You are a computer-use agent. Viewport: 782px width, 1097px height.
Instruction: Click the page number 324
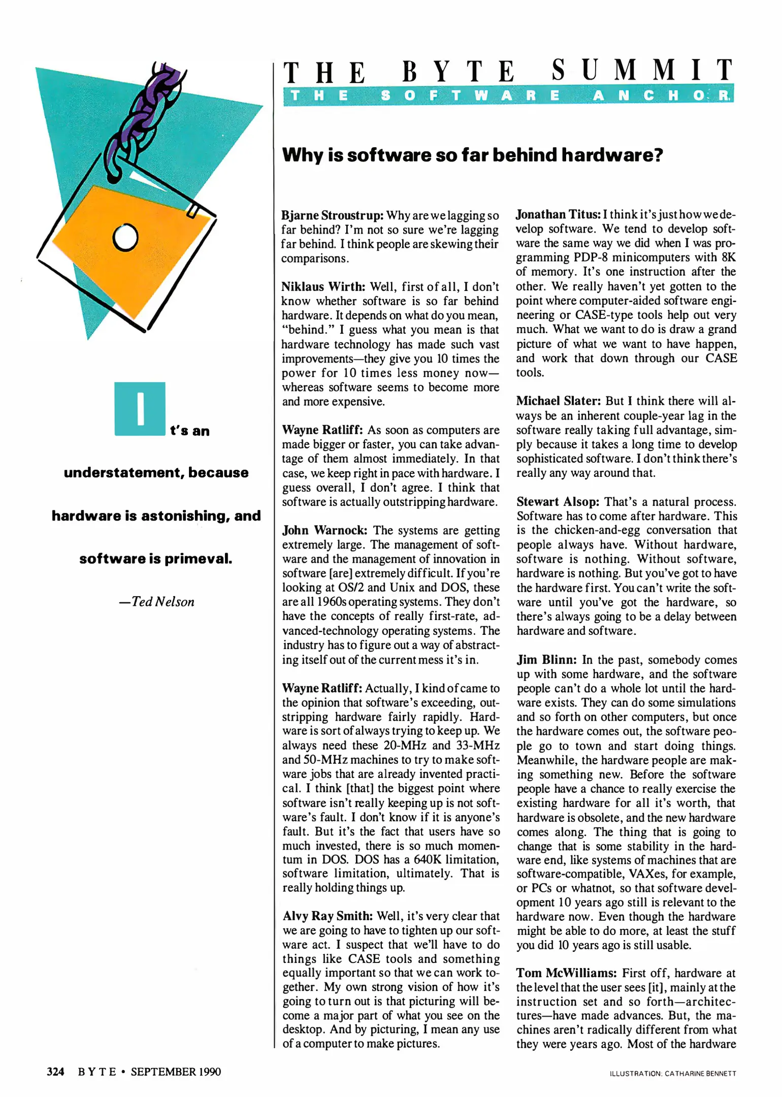point(55,1072)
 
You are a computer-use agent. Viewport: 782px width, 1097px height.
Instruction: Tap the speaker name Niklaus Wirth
point(323,287)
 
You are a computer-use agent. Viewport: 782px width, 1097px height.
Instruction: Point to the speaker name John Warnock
point(324,531)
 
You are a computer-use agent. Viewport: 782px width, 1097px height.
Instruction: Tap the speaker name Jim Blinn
point(546,660)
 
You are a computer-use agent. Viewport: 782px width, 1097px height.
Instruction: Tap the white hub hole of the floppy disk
point(125,238)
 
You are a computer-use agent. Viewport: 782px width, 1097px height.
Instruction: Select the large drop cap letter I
point(140,408)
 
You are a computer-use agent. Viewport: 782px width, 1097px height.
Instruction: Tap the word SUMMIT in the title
point(643,71)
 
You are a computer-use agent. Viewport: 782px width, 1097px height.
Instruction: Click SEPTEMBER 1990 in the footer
point(176,1072)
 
